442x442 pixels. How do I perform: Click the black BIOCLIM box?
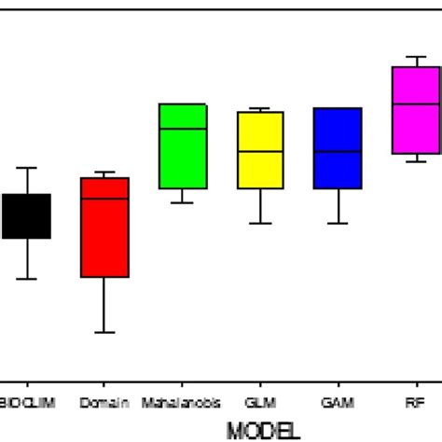tap(27, 216)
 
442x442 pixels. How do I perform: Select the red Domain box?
tap(104, 228)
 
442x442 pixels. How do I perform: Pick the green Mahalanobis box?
tap(183, 146)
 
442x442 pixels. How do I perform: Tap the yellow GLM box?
tap(260, 150)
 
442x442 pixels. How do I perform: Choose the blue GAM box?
tap(338, 148)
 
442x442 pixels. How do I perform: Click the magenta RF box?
tap(415, 110)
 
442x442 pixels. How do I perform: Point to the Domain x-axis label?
tap(104, 403)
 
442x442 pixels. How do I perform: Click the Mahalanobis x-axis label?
tap(183, 403)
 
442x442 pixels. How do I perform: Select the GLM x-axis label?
tap(260, 403)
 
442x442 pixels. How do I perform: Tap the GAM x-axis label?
tap(338, 403)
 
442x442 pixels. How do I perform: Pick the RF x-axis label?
tap(415, 403)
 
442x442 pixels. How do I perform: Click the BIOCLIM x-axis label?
tap(25, 403)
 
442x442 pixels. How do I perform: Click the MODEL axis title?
tap(262, 430)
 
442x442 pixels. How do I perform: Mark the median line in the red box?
tap(104, 199)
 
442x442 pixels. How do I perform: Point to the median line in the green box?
tap(183, 129)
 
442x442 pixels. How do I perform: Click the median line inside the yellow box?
tap(260, 151)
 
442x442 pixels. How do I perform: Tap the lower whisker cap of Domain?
tap(104, 332)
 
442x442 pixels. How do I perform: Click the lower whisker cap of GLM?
tap(260, 223)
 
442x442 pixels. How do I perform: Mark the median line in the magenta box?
tap(415, 104)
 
